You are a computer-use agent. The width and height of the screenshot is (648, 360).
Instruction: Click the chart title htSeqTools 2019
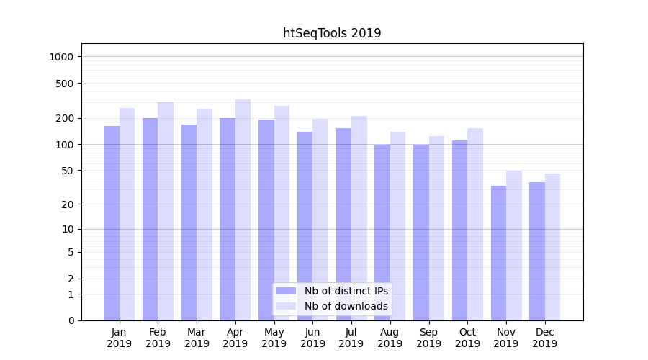coord(332,33)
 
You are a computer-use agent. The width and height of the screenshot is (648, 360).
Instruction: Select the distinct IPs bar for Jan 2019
coord(112,223)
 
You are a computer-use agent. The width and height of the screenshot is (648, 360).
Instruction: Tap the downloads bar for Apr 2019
coord(243,210)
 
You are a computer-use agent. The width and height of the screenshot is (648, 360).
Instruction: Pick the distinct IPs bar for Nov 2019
coord(498,253)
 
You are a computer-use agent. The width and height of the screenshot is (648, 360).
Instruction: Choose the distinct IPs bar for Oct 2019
coord(459,230)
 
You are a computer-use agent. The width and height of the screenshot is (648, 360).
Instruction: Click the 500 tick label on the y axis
coord(66,84)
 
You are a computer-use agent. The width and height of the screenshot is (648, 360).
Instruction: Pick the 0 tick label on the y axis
coord(71,320)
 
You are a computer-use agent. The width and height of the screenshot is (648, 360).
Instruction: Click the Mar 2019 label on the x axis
coord(197,338)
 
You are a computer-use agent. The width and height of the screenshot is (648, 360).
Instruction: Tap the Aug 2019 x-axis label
coord(390,338)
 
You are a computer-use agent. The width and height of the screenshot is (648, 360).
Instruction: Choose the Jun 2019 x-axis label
coord(312,338)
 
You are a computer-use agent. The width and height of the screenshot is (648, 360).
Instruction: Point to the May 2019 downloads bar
coord(282,213)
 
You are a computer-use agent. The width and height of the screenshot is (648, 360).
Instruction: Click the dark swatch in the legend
coord(287,291)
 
